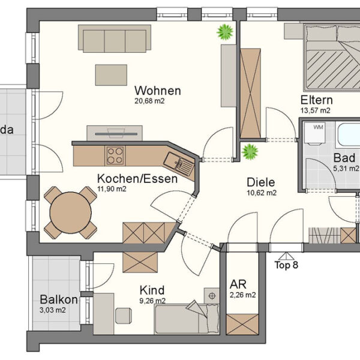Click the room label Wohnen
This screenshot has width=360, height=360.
[x=158, y=91]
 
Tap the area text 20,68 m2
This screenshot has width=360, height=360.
[x=150, y=101]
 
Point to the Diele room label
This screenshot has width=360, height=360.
[x=260, y=182]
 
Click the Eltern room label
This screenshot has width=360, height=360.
[x=316, y=100]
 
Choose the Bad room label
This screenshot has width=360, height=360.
[x=344, y=158]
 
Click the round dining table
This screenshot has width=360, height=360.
[x=71, y=212]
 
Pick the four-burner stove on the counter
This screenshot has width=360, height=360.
[x=115, y=155]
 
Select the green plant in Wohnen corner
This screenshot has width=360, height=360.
[x=225, y=32]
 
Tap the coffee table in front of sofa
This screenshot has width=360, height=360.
[x=111, y=74]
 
